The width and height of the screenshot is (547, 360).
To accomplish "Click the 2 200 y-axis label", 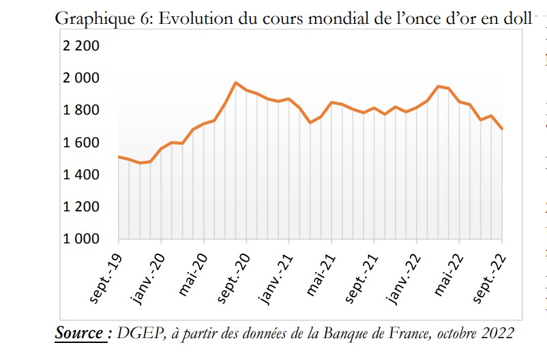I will click(x=81, y=46).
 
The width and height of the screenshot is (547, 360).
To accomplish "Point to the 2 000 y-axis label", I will click(x=81, y=78).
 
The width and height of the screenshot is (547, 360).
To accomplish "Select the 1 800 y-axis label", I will click(x=81, y=110).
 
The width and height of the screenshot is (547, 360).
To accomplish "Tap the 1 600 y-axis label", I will click(x=81, y=142).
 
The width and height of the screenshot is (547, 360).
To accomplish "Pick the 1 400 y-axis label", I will click(x=81, y=175).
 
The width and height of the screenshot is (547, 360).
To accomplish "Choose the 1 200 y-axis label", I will click(x=81, y=207).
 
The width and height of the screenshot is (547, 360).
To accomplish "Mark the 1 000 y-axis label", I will click(x=81, y=239).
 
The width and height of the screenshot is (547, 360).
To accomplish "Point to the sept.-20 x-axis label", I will click(x=234, y=276).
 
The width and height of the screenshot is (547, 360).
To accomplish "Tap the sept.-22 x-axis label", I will click(x=490, y=276).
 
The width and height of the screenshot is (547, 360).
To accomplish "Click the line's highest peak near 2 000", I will click(x=235, y=82).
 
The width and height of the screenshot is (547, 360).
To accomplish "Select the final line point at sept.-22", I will click(x=502, y=128).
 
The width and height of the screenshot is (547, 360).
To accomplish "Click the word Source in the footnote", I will click(x=79, y=333).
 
